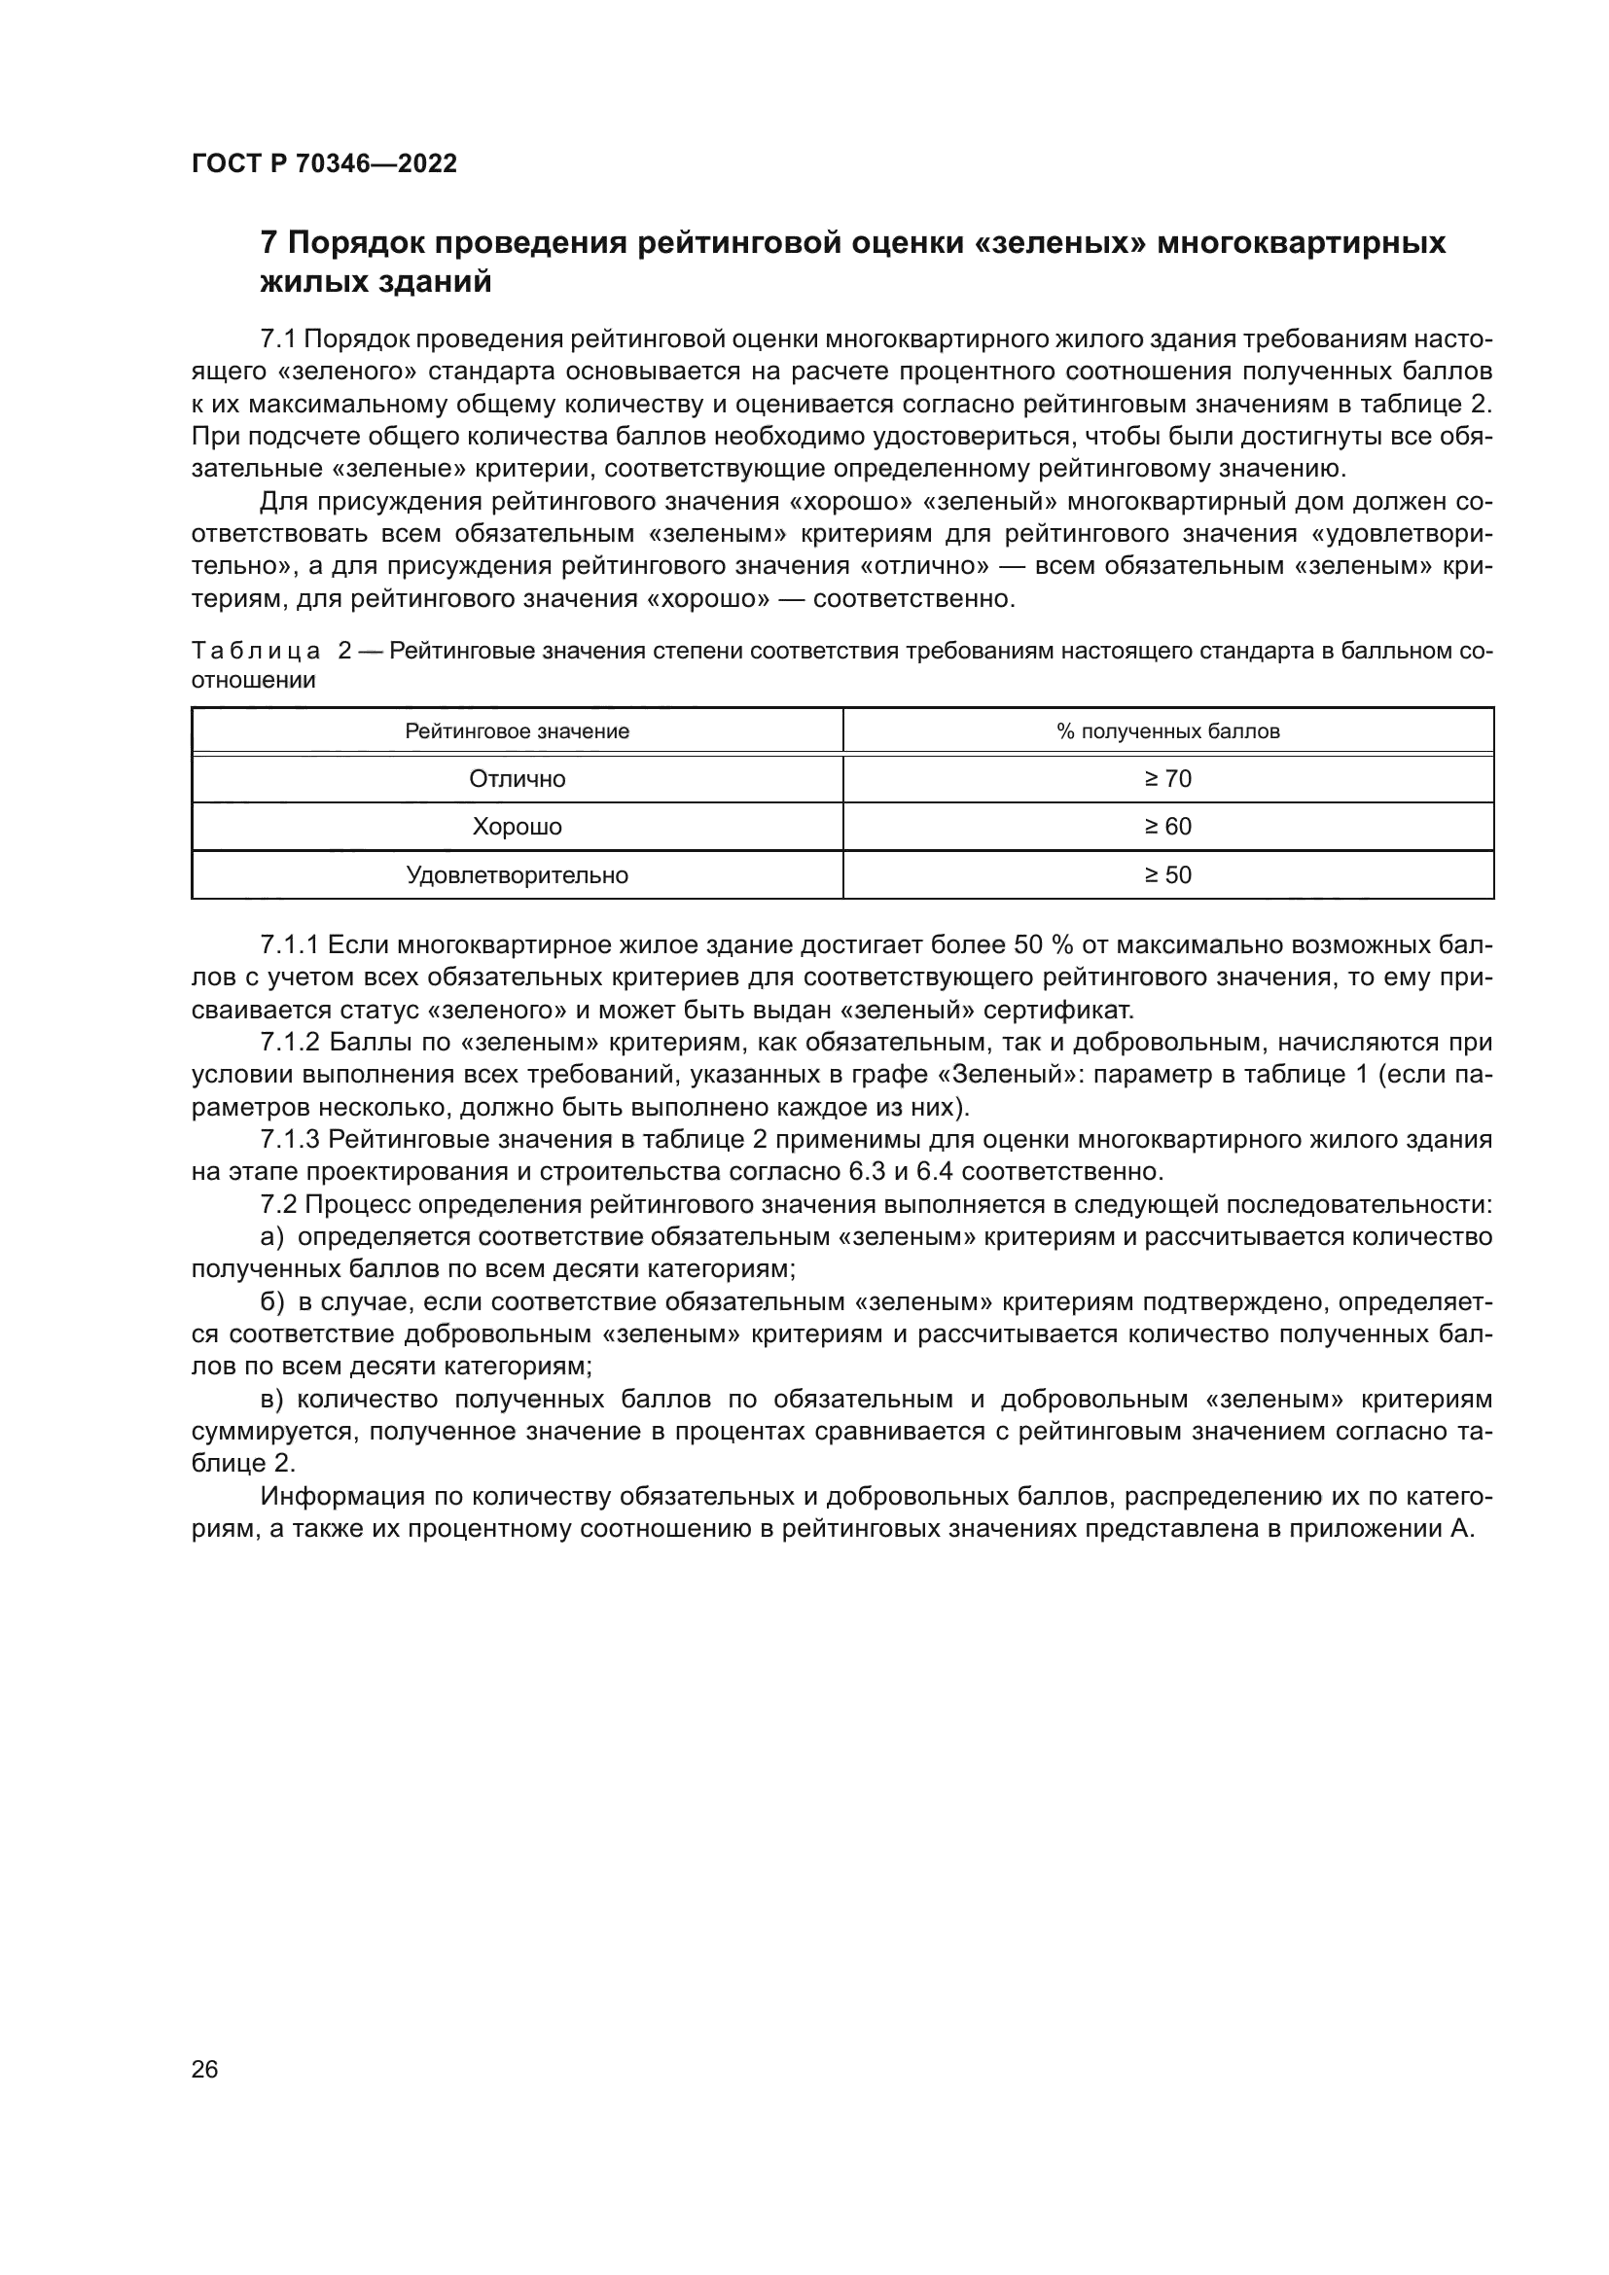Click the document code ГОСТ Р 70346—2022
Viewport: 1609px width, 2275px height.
(x=324, y=164)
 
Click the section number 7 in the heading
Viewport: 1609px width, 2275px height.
(x=268, y=243)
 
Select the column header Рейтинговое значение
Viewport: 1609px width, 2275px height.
(x=517, y=731)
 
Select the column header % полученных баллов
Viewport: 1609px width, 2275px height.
(x=1167, y=731)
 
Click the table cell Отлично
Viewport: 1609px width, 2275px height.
(x=517, y=779)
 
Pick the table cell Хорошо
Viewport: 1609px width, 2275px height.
(x=517, y=827)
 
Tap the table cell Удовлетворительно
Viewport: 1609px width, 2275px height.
(x=517, y=875)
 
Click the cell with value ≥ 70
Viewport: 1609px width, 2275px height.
(x=1167, y=779)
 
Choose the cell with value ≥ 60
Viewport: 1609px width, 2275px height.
(x=1167, y=827)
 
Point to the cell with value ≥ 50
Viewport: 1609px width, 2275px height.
(x=1167, y=875)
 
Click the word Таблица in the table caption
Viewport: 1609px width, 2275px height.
(x=256, y=652)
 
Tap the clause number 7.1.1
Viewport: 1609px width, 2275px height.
(x=288, y=945)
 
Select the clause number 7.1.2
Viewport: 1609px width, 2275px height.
(x=288, y=1043)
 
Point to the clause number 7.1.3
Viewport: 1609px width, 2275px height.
(x=288, y=1140)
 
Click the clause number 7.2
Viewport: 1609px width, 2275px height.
(x=277, y=1205)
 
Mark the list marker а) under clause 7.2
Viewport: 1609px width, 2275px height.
(x=271, y=1237)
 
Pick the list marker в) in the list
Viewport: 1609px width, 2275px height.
(x=271, y=1399)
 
